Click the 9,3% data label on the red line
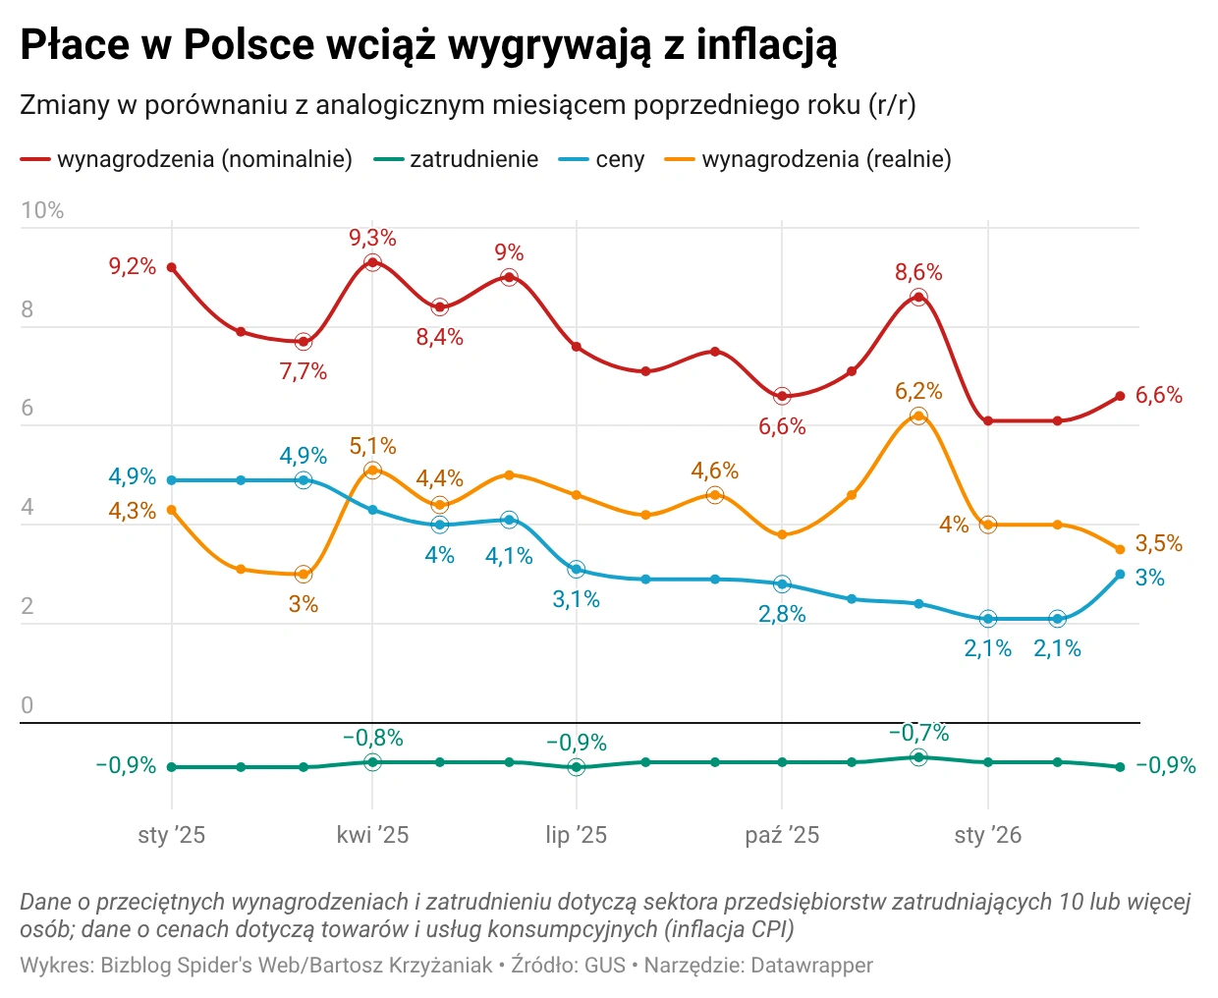coord(372,238)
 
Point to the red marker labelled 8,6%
coord(918,297)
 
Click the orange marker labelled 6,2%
coord(918,416)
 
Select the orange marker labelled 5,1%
coord(372,471)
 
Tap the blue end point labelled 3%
coord(1120,575)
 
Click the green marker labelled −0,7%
coord(918,757)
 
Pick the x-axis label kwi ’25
coord(372,835)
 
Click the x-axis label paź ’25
coord(782,835)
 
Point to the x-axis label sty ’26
coord(987,835)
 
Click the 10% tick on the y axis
coord(42,210)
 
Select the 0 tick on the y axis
coord(28,704)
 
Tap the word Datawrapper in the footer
coord(811,966)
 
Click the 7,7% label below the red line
coord(303,371)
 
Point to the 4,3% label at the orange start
coord(132,511)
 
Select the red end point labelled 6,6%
coord(1120,396)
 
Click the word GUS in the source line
coord(605,966)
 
